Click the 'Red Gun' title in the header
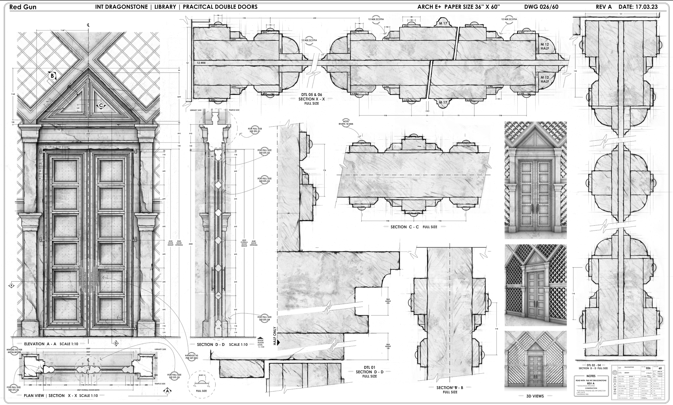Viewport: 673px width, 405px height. [x=23, y=7]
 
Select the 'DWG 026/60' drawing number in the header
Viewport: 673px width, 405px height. [x=541, y=7]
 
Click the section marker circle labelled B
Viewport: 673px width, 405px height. [x=52, y=76]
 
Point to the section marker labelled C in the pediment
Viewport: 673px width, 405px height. [x=101, y=105]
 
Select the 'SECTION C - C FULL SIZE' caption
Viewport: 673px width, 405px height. [x=414, y=227]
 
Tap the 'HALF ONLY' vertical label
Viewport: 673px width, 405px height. [x=275, y=336]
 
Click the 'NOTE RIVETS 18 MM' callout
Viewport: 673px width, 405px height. [x=346, y=122]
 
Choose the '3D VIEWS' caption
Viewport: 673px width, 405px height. [x=535, y=396]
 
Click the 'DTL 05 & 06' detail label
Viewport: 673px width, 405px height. [x=311, y=95]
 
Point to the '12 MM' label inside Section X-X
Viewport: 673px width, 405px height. [x=201, y=63]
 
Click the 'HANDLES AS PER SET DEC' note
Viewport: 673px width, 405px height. [x=192, y=357]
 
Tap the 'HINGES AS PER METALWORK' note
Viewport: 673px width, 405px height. [x=14, y=351]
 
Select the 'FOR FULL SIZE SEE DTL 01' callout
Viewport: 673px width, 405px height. [x=255, y=130]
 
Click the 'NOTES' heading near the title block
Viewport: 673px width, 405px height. [x=591, y=376]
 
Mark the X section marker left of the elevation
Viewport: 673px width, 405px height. [x=12, y=286]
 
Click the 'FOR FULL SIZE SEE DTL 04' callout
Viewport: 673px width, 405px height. [x=265, y=318]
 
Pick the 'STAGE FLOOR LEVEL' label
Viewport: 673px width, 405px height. [x=261, y=343]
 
